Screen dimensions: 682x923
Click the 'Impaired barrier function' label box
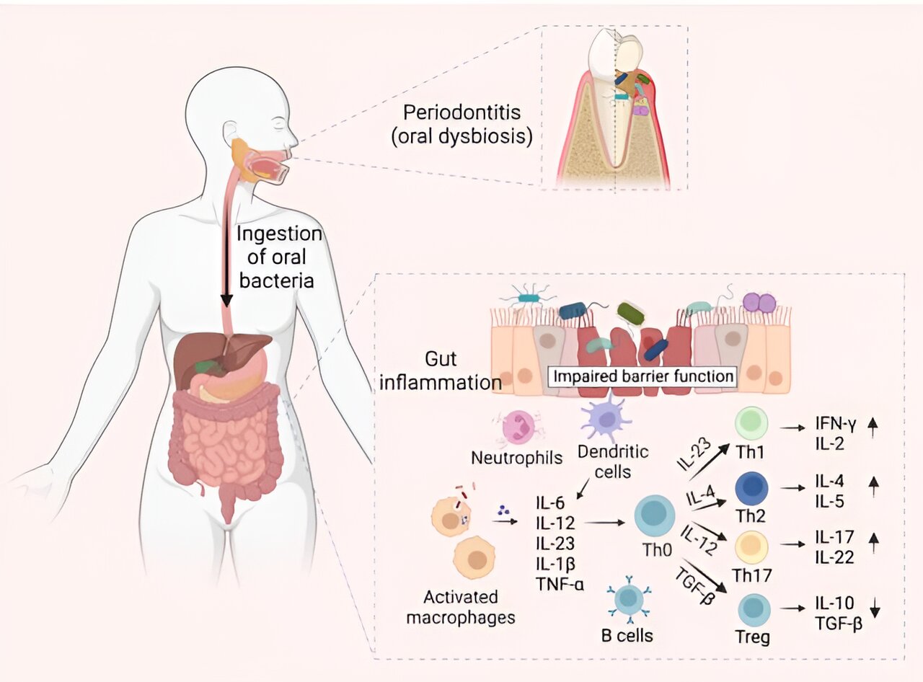click(x=642, y=376)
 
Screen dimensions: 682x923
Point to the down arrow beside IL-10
click(x=875, y=610)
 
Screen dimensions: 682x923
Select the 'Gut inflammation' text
click(x=451, y=371)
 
